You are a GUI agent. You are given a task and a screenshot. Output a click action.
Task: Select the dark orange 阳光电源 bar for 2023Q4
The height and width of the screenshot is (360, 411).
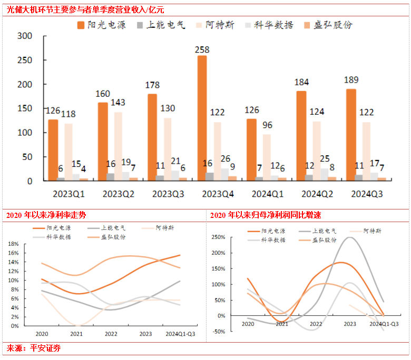coord(202,118)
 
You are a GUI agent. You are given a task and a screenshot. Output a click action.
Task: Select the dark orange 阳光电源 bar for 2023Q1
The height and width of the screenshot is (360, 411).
coord(53,150)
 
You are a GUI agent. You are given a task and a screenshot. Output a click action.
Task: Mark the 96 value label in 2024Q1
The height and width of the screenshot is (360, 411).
coord(268,125)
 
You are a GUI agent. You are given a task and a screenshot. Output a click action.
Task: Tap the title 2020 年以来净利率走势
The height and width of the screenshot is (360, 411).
coord(46,215)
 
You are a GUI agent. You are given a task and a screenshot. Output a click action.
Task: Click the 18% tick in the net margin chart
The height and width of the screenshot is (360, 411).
coord(13,244)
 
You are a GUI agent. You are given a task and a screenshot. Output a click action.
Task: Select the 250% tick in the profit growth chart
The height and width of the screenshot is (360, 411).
coord(218,237)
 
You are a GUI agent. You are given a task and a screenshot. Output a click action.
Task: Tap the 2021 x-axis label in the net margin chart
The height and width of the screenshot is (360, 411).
coord(77,334)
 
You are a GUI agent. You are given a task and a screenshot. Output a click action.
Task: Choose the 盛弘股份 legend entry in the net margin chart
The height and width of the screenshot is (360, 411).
coord(113,236)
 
